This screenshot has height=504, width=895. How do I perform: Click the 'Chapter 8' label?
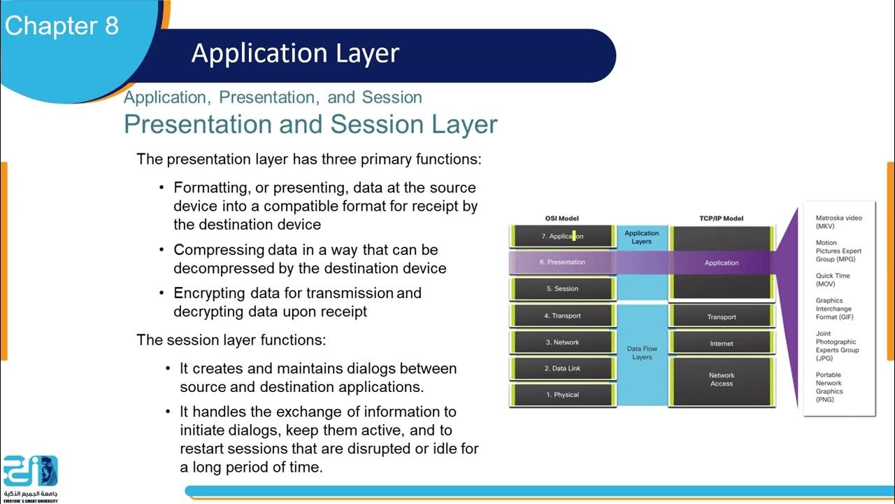(x=62, y=26)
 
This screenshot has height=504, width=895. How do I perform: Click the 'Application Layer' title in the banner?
(x=295, y=53)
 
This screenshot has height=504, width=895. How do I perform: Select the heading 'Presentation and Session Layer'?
(x=310, y=124)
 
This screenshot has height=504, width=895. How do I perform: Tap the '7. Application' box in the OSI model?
(x=562, y=237)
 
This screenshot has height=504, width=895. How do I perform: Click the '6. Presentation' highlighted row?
(x=562, y=262)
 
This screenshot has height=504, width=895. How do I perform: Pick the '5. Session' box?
(x=562, y=288)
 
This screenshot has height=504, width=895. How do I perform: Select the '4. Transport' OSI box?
(x=562, y=316)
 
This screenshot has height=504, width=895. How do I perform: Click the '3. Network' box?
(x=562, y=342)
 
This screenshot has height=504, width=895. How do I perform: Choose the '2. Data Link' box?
(x=562, y=368)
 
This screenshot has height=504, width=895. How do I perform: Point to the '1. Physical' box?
(x=562, y=395)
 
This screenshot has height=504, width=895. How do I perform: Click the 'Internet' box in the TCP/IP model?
(x=722, y=344)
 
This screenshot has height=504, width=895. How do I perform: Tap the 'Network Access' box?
(x=722, y=379)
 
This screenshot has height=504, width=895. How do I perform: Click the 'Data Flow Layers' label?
(x=642, y=353)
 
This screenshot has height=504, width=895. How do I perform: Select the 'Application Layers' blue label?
(x=642, y=237)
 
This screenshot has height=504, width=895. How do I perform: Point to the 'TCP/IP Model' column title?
(x=722, y=218)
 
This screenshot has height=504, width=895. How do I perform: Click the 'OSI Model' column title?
(x=562, y=218)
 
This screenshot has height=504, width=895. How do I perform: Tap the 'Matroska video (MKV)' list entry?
(x=838, y=222)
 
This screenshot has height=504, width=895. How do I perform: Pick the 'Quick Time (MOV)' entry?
(x=833, y=280)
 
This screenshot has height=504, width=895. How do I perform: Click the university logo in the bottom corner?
(x=30, y=477)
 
